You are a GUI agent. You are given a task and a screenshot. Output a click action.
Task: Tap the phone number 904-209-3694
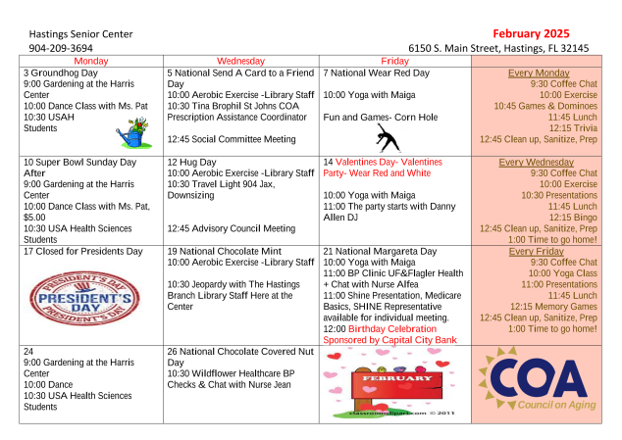[x=61, y=47]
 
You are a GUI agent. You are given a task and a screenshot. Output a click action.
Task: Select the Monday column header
[x=91, y=61]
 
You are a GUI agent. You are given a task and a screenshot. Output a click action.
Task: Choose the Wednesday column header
[x=240, y=61]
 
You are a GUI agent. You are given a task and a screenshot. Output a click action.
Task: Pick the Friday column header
[x=394, y=61]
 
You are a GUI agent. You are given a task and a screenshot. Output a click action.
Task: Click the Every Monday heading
[x=539, y=73]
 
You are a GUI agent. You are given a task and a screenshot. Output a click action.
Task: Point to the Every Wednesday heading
[x=537, y=163]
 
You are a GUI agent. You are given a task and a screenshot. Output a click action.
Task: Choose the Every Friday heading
[x=536, y=252]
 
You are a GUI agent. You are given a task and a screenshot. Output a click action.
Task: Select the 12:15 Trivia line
[x=573, y=128]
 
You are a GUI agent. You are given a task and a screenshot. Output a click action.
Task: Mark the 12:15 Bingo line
[x=574, y=218]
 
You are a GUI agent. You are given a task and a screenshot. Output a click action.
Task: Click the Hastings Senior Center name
[x=80, y=33]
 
